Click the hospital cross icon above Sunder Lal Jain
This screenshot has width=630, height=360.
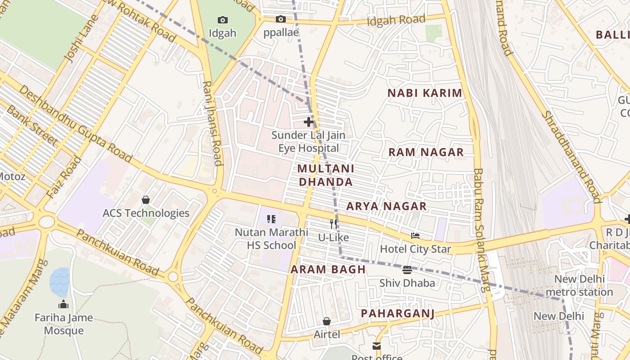308,122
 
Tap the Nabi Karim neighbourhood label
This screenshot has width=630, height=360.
425,93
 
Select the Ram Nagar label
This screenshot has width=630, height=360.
426,152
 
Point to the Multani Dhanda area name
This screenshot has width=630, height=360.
325,175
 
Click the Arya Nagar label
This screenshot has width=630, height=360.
386,206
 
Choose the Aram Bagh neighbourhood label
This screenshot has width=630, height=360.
328,270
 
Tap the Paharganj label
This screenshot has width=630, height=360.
398,313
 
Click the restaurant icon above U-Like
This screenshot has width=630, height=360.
333,224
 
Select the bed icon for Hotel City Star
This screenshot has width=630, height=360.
415,235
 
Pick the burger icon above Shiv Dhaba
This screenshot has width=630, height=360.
407,270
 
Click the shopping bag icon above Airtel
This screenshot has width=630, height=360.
327,321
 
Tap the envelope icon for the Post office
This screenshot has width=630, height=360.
376,346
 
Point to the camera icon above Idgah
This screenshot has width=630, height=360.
222,20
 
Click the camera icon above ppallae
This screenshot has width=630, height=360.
281,19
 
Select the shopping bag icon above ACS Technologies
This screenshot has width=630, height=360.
146,199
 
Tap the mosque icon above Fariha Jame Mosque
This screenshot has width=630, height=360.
63,305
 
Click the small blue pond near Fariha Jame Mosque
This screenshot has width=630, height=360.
59,282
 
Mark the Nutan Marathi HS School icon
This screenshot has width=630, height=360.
271,219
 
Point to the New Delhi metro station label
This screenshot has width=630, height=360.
579,285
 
